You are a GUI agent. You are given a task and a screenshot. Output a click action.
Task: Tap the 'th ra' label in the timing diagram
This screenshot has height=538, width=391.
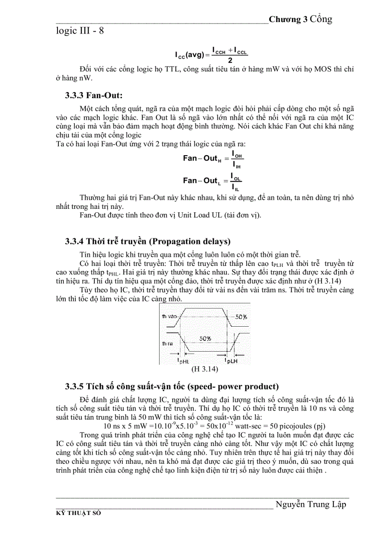click(167, 343)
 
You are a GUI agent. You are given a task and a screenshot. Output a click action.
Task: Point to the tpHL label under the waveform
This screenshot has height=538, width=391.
click(184, 360)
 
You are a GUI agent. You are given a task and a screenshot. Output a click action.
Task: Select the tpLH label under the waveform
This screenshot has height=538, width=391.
click(231, 360)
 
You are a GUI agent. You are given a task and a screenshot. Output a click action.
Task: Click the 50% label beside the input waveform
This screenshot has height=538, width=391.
click(241, 317)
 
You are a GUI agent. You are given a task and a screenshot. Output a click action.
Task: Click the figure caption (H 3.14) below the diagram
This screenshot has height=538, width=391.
click(205, 369)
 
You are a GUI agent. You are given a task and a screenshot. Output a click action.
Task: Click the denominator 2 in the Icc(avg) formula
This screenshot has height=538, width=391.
click(230, 60)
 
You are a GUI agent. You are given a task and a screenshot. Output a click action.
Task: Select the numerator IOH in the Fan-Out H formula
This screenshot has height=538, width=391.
click(238, 154)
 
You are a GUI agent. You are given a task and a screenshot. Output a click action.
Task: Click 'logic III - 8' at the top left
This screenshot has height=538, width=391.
click(80, 31)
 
